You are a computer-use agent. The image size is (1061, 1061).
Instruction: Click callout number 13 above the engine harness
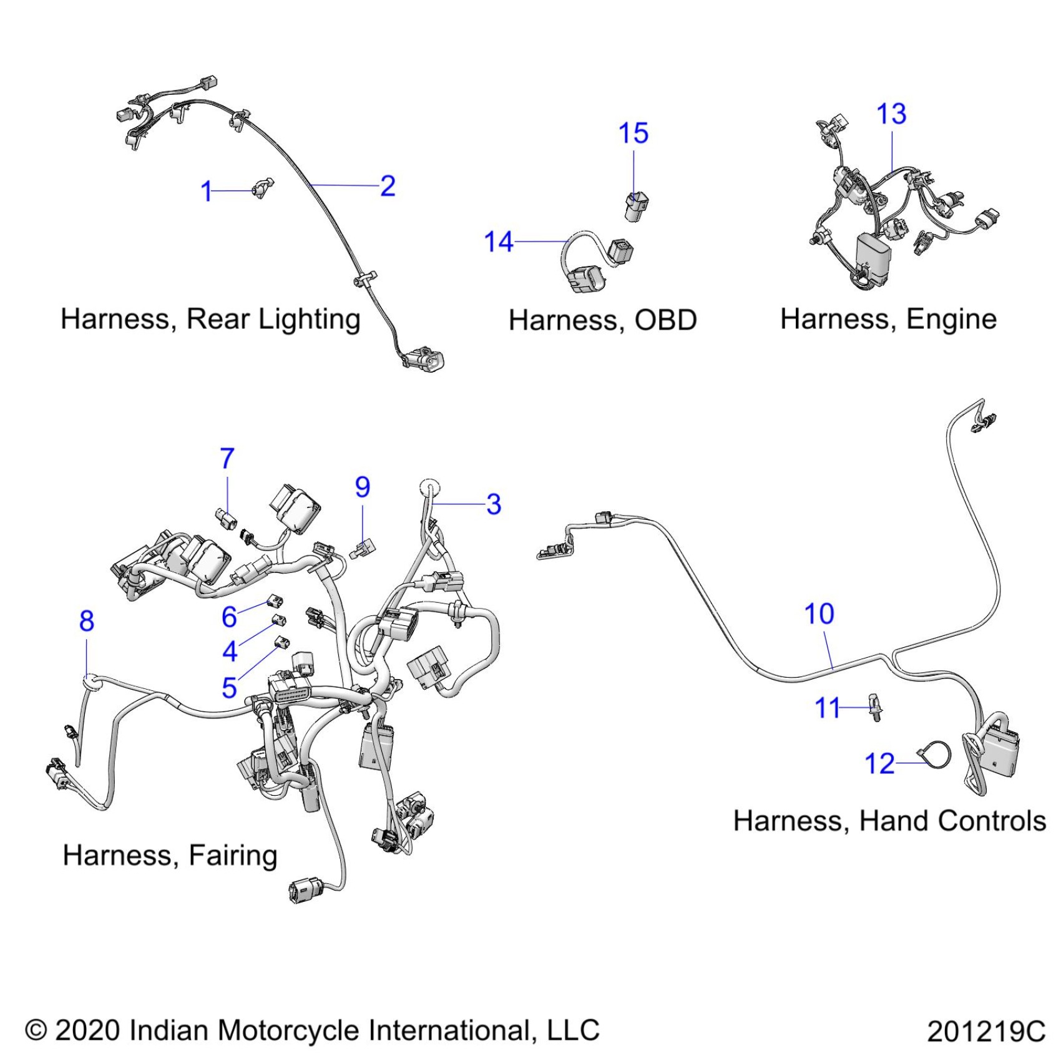coord(891,114)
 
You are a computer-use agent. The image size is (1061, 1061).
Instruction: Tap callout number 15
coord(633,134)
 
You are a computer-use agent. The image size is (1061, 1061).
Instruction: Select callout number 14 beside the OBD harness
coord(499,242)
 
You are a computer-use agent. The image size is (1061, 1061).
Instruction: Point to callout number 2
coord(388,186)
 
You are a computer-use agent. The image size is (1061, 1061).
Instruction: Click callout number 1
coord(207,191)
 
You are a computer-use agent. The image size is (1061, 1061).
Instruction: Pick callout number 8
coord(87,621)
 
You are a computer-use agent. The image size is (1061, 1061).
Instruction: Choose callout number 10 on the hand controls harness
coord(819,614)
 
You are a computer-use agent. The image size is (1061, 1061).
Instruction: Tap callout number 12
coord(879,764)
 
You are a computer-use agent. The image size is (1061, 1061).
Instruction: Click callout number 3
coord(494,504)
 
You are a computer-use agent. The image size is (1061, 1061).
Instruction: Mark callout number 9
coord(363,487)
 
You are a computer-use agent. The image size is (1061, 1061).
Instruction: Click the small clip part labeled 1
coord(263,187)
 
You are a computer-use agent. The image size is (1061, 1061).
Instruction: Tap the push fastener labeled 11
coord(875,708)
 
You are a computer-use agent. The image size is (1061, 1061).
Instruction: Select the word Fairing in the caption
coord(233,856)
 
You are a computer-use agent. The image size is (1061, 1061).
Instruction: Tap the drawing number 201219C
coord(985,1031)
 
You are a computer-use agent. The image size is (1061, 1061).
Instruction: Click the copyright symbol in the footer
coord(36,1030)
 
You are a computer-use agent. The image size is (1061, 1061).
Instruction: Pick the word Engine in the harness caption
coord(951,320)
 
